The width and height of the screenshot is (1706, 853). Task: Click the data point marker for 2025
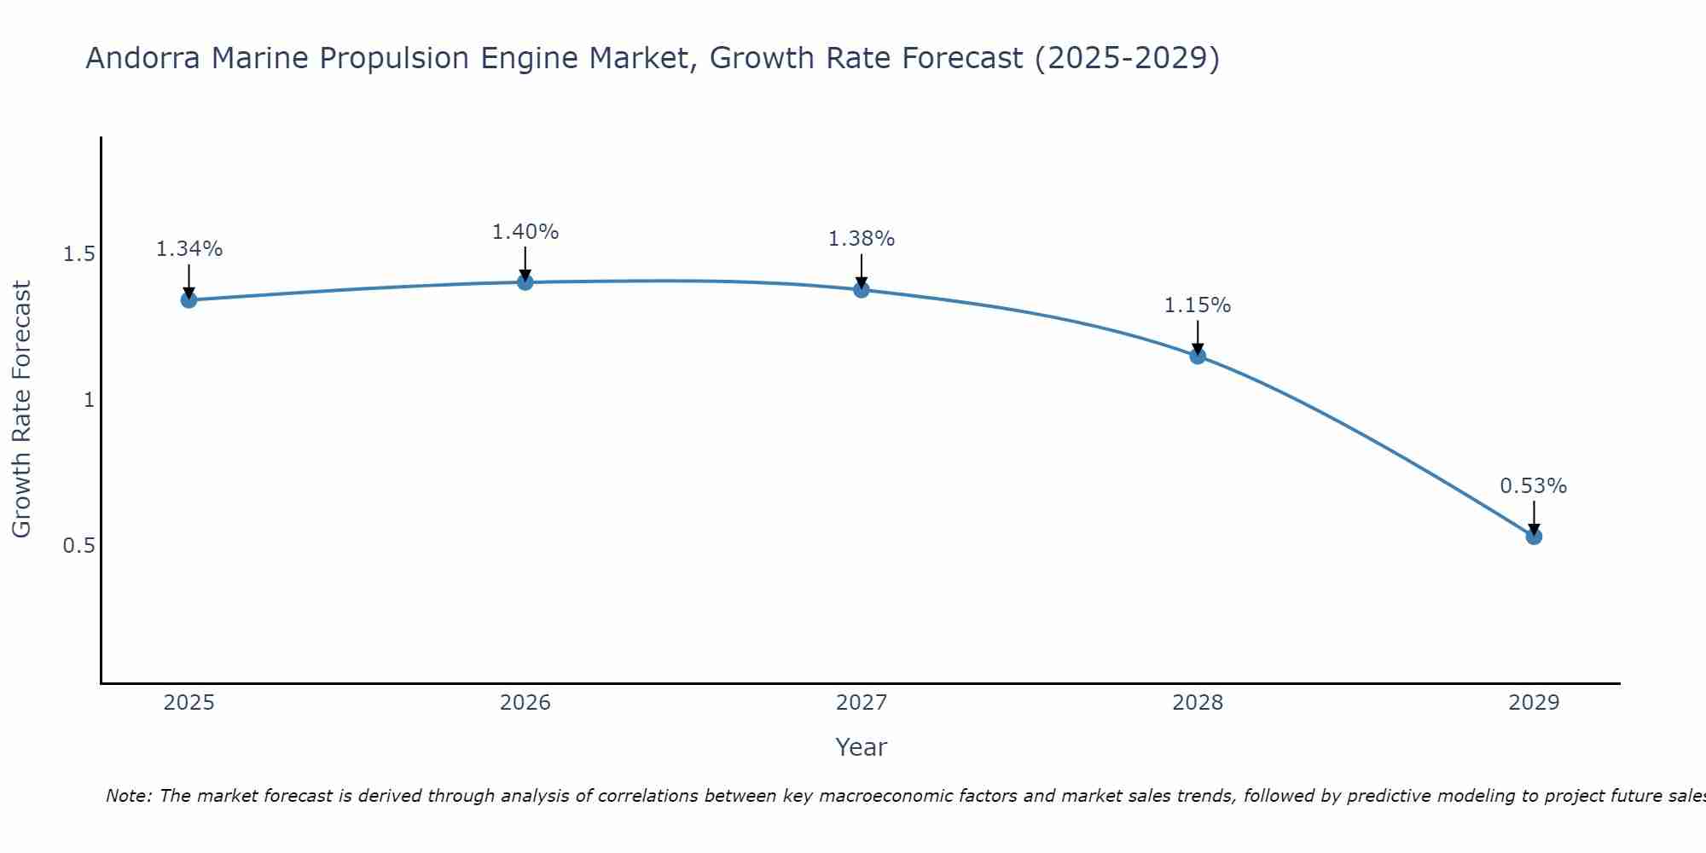point(189,299)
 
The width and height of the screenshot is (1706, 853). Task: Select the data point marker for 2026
point(525,282)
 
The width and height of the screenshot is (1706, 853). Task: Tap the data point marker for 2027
point(862,289)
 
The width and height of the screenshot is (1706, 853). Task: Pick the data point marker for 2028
point(1198,356)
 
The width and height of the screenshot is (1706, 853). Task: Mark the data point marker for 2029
point(1534,537)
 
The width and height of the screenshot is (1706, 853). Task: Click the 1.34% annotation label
point(189,249)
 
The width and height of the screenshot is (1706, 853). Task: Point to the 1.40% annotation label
point(525,232)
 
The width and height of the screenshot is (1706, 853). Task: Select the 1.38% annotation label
point(862,239)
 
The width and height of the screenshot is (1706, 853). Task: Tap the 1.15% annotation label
point(1198,305)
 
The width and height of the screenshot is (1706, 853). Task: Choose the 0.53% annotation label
point(1534,486)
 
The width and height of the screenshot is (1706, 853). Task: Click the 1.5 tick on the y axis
point(78,254)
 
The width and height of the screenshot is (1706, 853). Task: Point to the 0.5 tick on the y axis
point(78,545)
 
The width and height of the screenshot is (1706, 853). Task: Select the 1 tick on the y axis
point(89,399)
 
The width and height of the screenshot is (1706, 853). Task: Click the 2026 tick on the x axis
point(525,703)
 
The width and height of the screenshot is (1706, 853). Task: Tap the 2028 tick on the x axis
point(1198,703)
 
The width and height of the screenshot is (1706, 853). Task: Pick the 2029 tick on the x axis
point(1534,703)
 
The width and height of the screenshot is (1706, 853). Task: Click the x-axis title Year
point(862,747)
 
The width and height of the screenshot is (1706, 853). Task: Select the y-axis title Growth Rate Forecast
point(21,409)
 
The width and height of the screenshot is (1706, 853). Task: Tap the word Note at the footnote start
point(127,796)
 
